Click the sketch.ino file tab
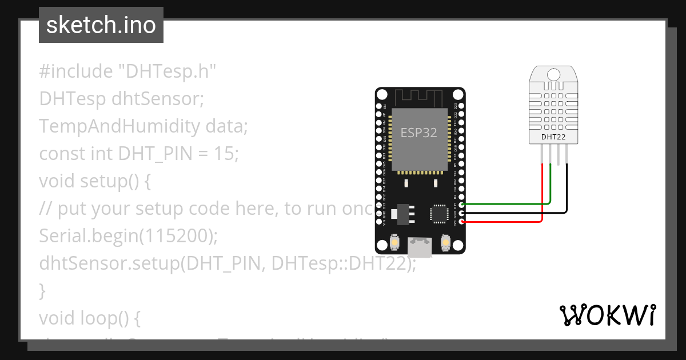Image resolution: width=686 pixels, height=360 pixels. [101, 25]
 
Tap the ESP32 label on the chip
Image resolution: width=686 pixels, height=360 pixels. [418, 133]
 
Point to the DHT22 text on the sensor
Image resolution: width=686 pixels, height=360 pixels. [553, 137]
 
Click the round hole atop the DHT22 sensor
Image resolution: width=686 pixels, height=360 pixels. [553, 74]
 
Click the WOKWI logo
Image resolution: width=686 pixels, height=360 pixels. [607, 315]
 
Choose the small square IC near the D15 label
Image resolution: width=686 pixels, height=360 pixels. [438, 213]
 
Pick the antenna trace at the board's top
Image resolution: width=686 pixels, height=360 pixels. [420, 97]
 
